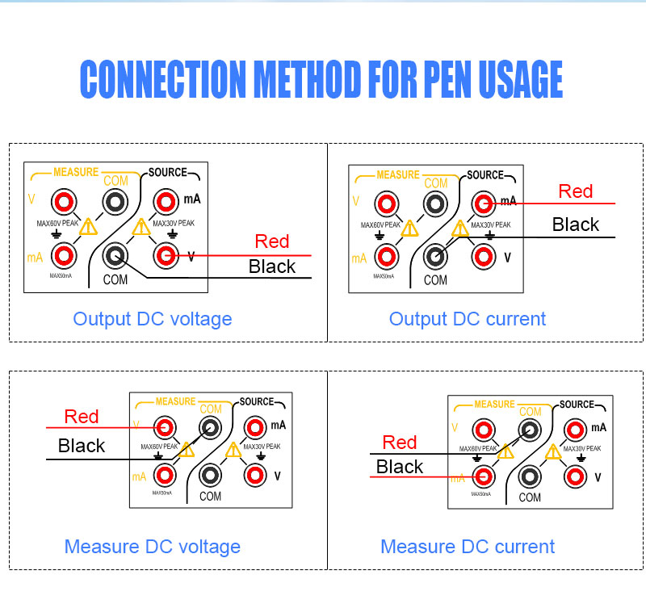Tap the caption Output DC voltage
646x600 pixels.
pyautogui.click(x=153, y=319)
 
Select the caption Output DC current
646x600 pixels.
pyautogui.click(x=468, y=319)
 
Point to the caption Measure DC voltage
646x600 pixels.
pyautogui.click(x=153, y=547)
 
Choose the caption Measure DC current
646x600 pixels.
pyautogui.click(x=468, y=547)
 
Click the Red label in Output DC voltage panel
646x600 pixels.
pyautogui.click(x=271, y=241)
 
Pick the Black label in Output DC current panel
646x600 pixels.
pyautogui.click(x=576, y=224)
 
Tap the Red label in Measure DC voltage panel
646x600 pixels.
pyautogui.click(x=82, y=417)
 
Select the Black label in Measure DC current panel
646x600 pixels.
pyautogui.click(x=400, y=467)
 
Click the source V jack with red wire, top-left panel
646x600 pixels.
pyautogui.click(x=166, y=256)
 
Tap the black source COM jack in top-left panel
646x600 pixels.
pyautogui.click(x=115, y=256)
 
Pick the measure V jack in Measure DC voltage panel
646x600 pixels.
pyautogui.click(x=166, y=427)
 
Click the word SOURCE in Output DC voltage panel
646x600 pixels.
pyautogui.click(x=167, y=173)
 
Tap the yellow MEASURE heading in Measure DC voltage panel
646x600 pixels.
pyautogui.click(x=175, y=401)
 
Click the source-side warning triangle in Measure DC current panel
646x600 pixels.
pyautogui.click(x=553, y=452)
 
